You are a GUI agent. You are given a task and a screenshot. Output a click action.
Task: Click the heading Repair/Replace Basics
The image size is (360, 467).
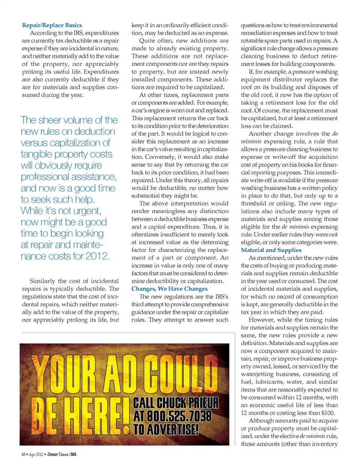point(52,25)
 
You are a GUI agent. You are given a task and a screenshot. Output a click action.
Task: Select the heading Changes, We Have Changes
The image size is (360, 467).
point(169,288)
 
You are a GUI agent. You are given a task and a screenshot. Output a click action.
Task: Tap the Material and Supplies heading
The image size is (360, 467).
point(271,250)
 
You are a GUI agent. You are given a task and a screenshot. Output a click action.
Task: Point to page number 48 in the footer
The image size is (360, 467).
point(23,454)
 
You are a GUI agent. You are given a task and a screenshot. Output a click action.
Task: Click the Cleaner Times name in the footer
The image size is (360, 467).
point(58,454)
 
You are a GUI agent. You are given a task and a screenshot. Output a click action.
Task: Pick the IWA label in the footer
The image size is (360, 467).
point(73,454)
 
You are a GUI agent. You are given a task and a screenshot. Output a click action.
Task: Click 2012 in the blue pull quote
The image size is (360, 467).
point(97,256)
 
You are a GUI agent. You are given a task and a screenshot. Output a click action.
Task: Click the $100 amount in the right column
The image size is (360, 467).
point(328,413)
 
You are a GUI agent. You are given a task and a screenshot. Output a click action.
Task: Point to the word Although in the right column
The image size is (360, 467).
point(263,420)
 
